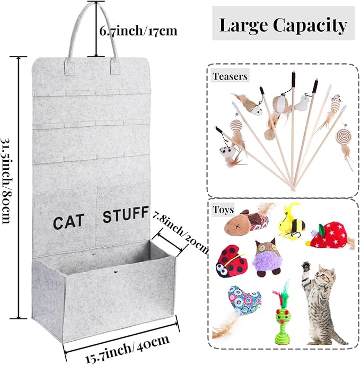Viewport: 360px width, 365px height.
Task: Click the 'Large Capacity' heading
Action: click(x=283, y=24)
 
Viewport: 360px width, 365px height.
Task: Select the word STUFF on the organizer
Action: click(x=125, y=215)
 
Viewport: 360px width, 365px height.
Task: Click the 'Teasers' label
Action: click(x=230, y=76)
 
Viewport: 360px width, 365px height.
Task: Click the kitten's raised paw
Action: click(x=306, y=265)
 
